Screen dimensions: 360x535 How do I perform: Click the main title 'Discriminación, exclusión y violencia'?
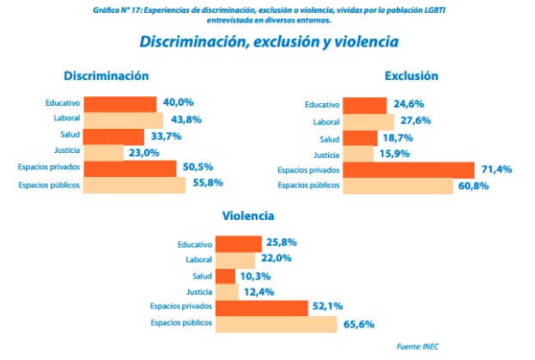coord(268,41)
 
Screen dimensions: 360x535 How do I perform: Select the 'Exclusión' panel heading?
coord(411,76)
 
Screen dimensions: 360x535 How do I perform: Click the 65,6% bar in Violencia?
coord(276,324)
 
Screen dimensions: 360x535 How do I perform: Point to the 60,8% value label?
coord(473,186)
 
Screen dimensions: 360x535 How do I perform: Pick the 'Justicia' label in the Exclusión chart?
coord(325,155)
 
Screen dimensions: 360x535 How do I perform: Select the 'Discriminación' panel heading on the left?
coord(106,76)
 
